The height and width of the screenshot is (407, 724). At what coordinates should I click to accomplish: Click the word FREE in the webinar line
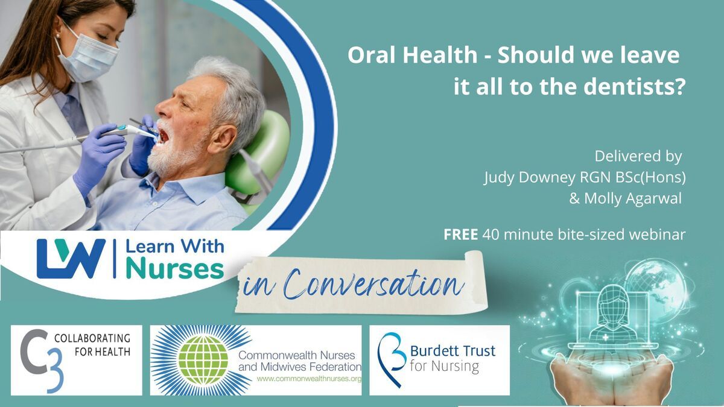pyautogui.click(x=460, y=234)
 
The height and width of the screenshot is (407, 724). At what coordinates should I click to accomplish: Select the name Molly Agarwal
pyautogui.click(x=633, y=198)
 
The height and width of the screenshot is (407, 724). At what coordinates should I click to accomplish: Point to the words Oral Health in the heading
pyautogui.click(x=413, y=55)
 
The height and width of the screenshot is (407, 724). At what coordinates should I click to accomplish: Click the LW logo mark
pyautogui.click(x=71, y=259)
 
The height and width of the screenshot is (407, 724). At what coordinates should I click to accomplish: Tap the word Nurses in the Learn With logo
pyautogui.click(x=175, y=269)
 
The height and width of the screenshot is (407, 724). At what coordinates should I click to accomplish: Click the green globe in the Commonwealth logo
pyautogui.click(x=203, y=359)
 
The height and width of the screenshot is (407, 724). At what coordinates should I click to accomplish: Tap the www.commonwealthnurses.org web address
pyautogui.click(x=310, y=379)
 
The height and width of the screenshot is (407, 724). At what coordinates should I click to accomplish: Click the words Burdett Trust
pyautogui.click(x=453, y=350)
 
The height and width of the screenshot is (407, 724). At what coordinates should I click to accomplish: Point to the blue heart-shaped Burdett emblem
pyautogui.click(x=391, y=359)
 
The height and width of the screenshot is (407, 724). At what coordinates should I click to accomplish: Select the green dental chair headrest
pyautogui.click(x=259, y=155)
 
